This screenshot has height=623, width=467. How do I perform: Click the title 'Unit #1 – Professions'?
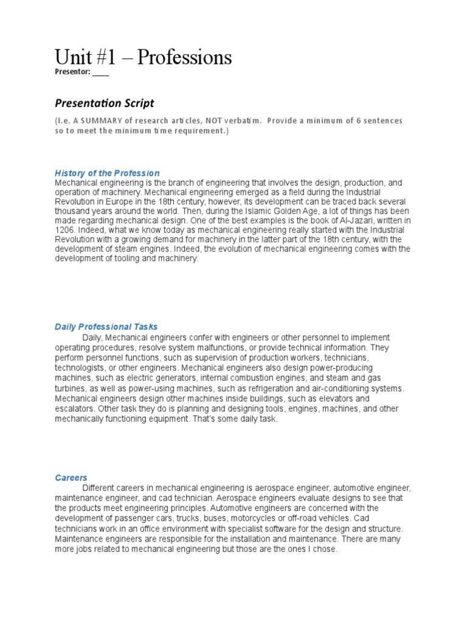click(x=143, y=58)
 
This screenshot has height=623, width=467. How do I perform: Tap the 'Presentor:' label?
click(x=72, y=72)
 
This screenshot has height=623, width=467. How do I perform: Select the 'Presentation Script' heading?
click(x=105, y=103)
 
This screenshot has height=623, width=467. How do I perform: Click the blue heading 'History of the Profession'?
click(x=107, y=173)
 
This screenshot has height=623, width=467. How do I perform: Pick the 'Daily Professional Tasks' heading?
click(x=106, y=327)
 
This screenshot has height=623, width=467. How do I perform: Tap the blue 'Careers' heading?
click(x=71, y=478)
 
